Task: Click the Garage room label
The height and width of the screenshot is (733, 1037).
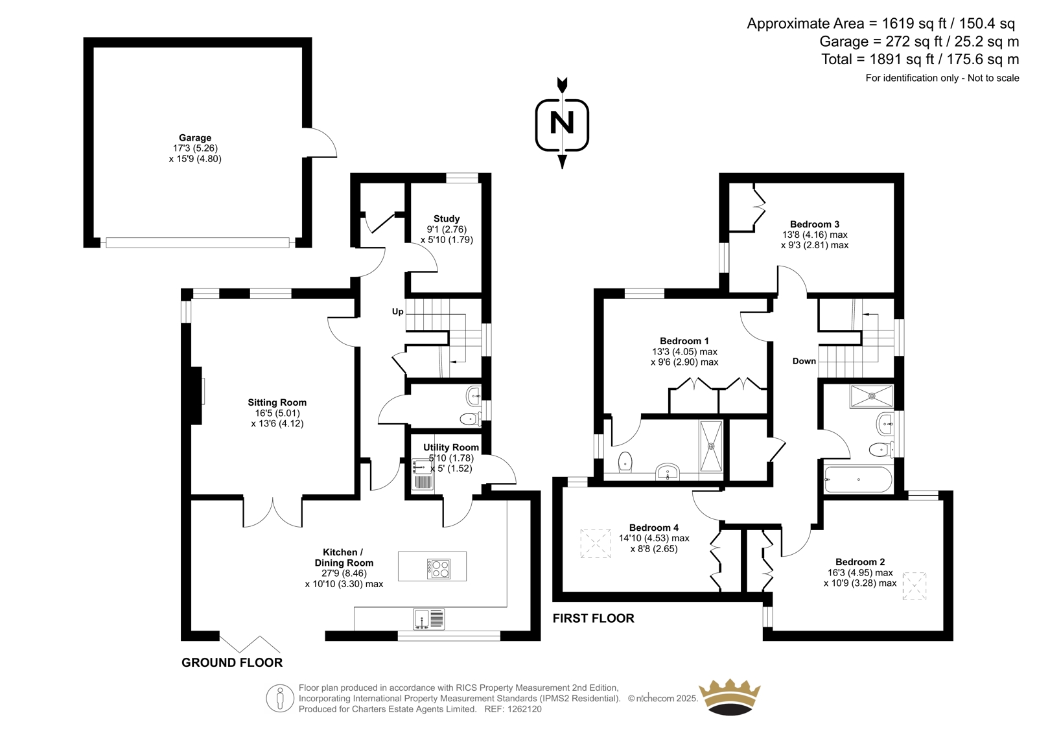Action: coord(195,137)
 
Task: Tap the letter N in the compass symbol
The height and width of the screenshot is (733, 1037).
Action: coord(562,123)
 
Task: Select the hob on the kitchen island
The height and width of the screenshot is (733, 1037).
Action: coord(439,568)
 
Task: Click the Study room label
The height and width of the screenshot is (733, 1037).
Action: coord(447,218)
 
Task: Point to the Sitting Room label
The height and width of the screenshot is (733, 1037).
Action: coord(277,402)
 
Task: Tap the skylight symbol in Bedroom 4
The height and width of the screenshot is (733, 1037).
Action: coord(596,543)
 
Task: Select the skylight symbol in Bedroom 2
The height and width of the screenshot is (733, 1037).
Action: coord(915,587)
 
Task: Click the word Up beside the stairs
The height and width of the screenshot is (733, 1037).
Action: coord(398,312)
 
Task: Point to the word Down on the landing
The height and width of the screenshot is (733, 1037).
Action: coord(804,361)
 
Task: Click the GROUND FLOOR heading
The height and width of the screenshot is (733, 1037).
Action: coord(232,662)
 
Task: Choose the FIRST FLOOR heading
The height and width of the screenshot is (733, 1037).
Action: coord(594,618)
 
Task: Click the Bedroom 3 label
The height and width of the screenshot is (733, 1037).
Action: coord(815,224)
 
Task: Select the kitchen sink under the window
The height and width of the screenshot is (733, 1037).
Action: coord(429,619)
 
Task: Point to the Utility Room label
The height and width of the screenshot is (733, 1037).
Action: coord(451,447)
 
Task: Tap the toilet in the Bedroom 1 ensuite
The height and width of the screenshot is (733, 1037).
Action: coord(625,461)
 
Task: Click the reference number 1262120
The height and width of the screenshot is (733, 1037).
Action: coord(524,709)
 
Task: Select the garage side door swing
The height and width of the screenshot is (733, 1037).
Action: coord(320,142)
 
